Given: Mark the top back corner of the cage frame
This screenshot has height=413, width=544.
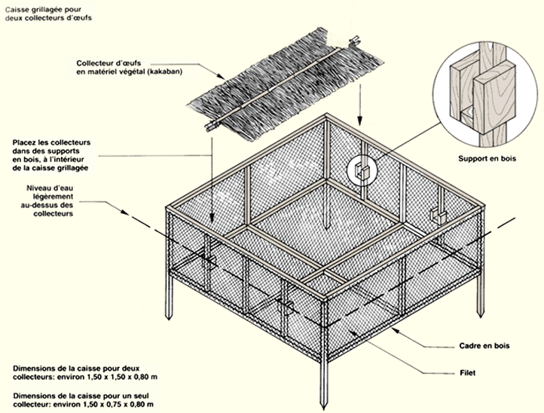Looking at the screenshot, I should (x=326, y=115).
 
